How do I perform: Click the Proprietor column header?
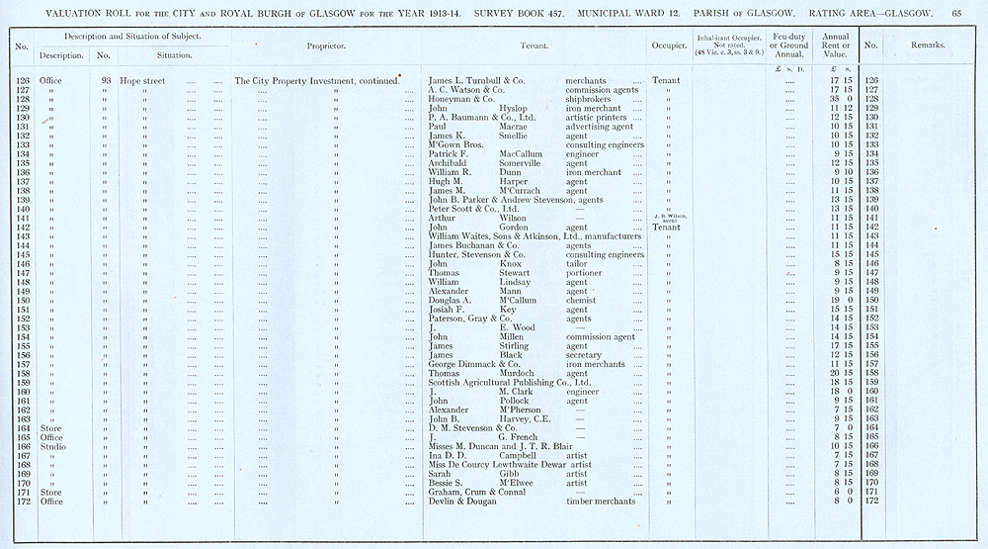click(326, 46)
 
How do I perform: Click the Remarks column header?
click(928, 46)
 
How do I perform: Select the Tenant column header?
click(535, 46)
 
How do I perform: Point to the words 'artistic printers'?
click(598, 118)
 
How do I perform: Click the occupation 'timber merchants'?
click(600, 502)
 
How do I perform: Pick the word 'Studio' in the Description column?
click(51, 445)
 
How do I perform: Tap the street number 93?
click(105, 80)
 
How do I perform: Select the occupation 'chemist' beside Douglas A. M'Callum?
click(581, 300)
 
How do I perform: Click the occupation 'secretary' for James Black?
click(585, 355)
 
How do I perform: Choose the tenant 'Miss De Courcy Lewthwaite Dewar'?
click(495, 464)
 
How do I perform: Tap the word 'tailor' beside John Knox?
click(576, 263)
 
